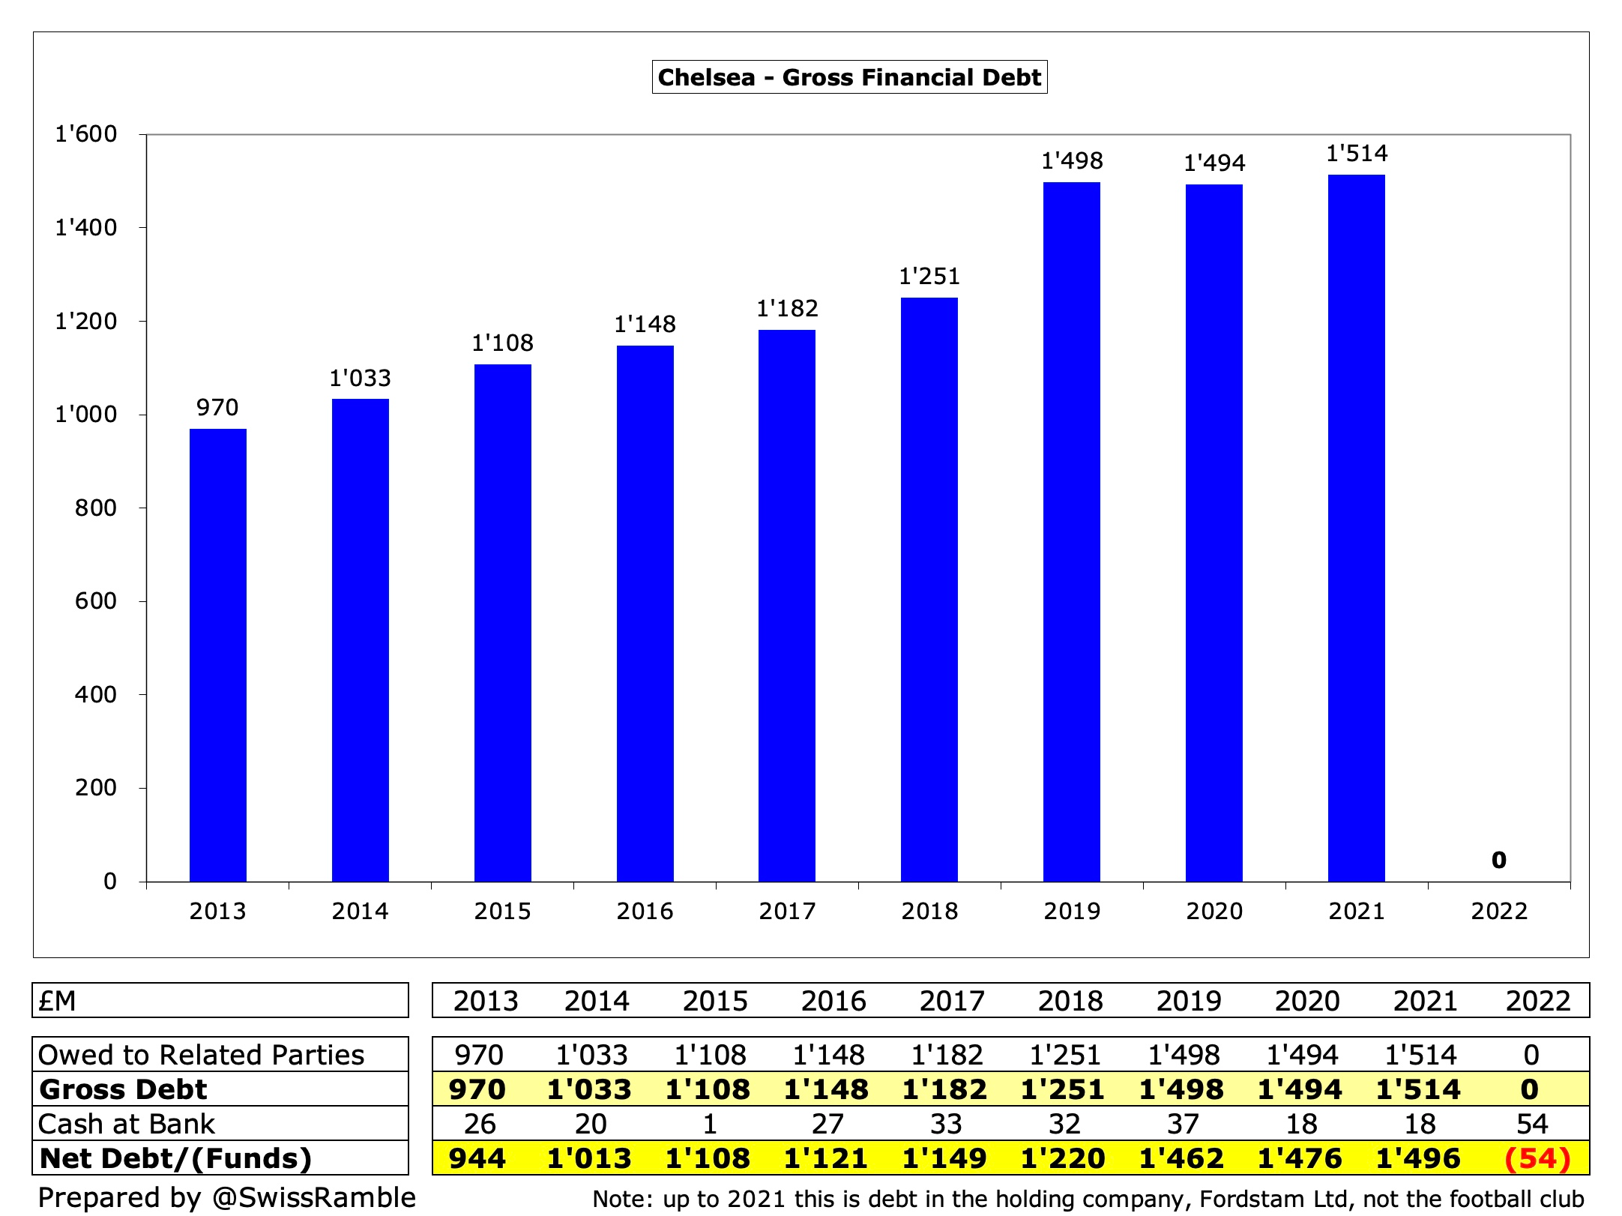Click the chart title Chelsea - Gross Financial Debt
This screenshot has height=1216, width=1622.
click(849, 77)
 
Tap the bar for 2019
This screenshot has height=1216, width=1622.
click(1071, 532)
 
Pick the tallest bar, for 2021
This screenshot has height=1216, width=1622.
click(1356, 528)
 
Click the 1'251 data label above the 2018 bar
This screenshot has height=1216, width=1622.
click(929, 277)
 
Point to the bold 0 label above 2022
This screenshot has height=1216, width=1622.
click(1498, 860)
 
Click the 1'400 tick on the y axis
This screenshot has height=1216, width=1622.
click(86, 228)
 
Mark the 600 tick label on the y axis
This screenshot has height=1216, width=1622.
click(95, 601)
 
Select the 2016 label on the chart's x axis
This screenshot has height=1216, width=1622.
click(645, 911)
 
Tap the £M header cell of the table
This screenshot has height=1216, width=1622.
click(58, 1001)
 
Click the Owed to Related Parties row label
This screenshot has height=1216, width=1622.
click(201, 1055)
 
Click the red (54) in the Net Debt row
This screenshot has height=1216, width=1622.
click(1537, 1158)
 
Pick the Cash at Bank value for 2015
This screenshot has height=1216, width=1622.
click(709, 1124)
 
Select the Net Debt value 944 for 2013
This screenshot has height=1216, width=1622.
click(477, 1158)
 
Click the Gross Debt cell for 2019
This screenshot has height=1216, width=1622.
click(1181, 1089)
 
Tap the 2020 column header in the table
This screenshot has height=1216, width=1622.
click(1306, 1001)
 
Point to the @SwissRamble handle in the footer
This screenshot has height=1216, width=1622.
click(314, 1197)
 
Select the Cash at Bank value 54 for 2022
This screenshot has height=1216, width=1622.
click(1531, 1124)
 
